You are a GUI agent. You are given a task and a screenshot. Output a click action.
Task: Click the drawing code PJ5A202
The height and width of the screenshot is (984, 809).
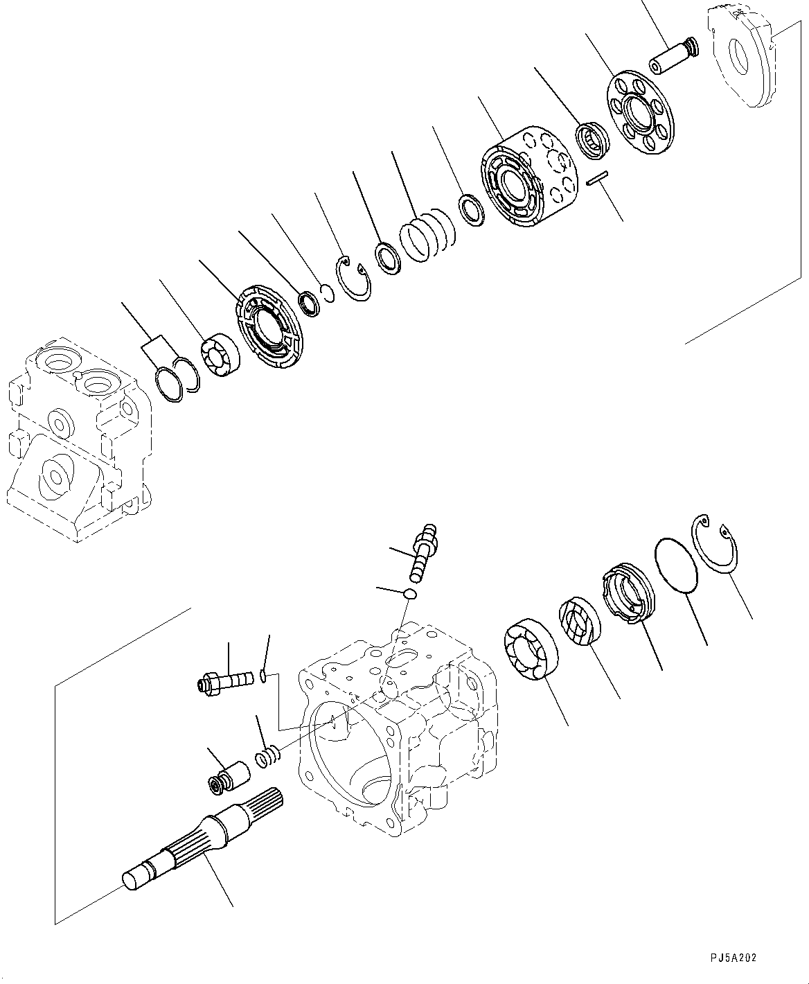coord(733,958)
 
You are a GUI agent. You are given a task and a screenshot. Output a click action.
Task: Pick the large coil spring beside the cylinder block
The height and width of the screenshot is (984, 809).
coord(428,236)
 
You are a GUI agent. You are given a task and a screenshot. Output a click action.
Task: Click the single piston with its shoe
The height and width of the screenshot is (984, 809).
coord(674,56)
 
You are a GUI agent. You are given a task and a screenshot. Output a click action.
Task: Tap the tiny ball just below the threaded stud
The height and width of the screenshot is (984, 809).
coord(409,593)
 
